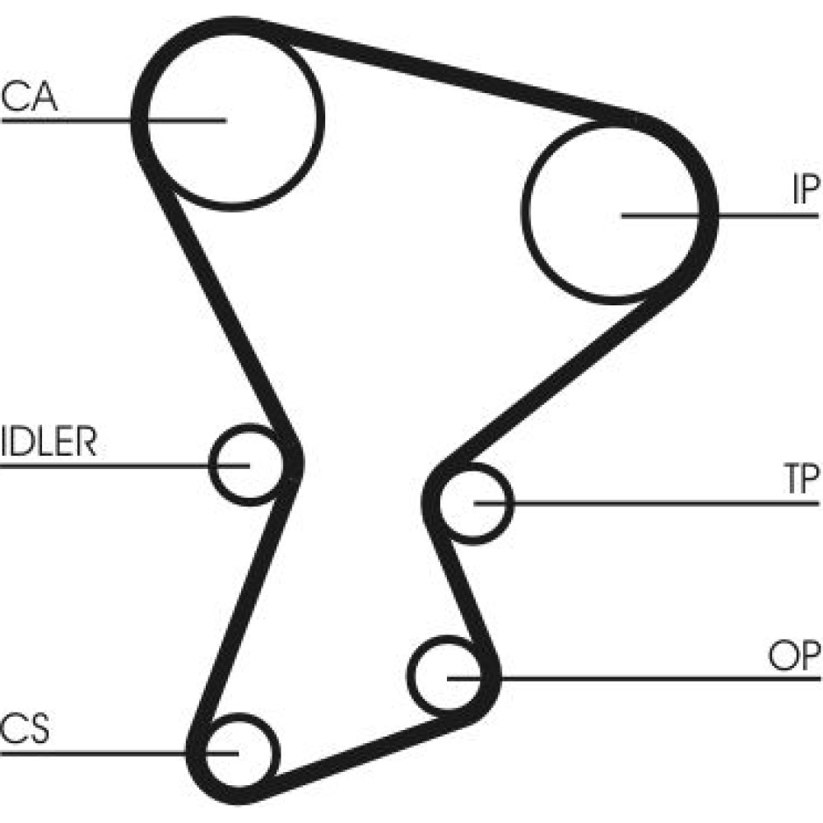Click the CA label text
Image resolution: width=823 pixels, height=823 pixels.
[30, 96]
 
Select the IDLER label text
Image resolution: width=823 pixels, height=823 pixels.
[49, 442]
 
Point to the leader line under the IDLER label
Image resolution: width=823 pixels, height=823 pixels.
[107, 466]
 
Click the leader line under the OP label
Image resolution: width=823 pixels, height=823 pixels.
[658, 678]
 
